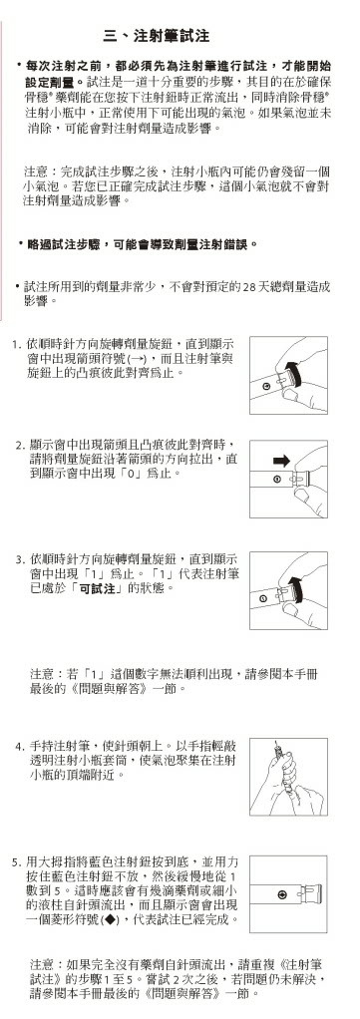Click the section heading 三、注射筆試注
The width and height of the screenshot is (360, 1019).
[156, 36]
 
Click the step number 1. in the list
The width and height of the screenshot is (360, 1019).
[18, 342]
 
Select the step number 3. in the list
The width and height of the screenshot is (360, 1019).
[20, 559]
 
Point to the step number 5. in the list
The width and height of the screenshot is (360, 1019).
[18, 862]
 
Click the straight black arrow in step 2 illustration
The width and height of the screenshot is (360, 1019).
[281, 460]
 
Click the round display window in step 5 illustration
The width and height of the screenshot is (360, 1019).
[281, 895]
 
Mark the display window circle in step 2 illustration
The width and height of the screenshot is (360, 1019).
[275, 480]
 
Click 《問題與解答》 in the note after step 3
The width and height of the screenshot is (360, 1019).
[114, 688]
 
